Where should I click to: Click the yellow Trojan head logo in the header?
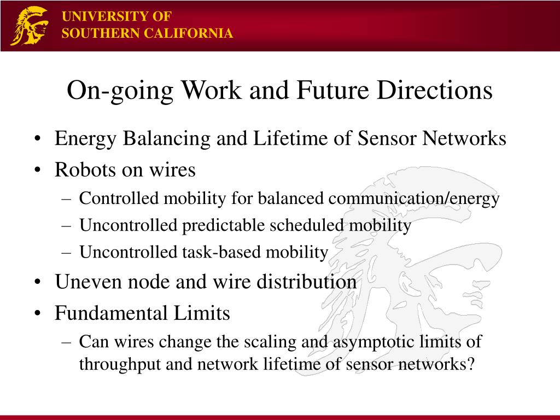[x=30, y=26]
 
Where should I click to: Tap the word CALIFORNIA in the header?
[x=189, y=33]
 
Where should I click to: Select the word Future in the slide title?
[x=332, y=90]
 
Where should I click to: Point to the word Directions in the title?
[x=435, y=90]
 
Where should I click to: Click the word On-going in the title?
[x=120, y=91]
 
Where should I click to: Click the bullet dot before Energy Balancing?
[x=37, y=139]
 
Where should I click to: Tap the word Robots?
[x=85, y=170]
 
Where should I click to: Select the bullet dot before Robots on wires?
[x=37, y=171]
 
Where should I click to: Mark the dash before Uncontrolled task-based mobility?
[x=66, y=253]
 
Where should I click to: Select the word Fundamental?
[x=111, y=313]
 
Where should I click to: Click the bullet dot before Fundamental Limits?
[x=37, y=314]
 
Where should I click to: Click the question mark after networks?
[x=470, y=364]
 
